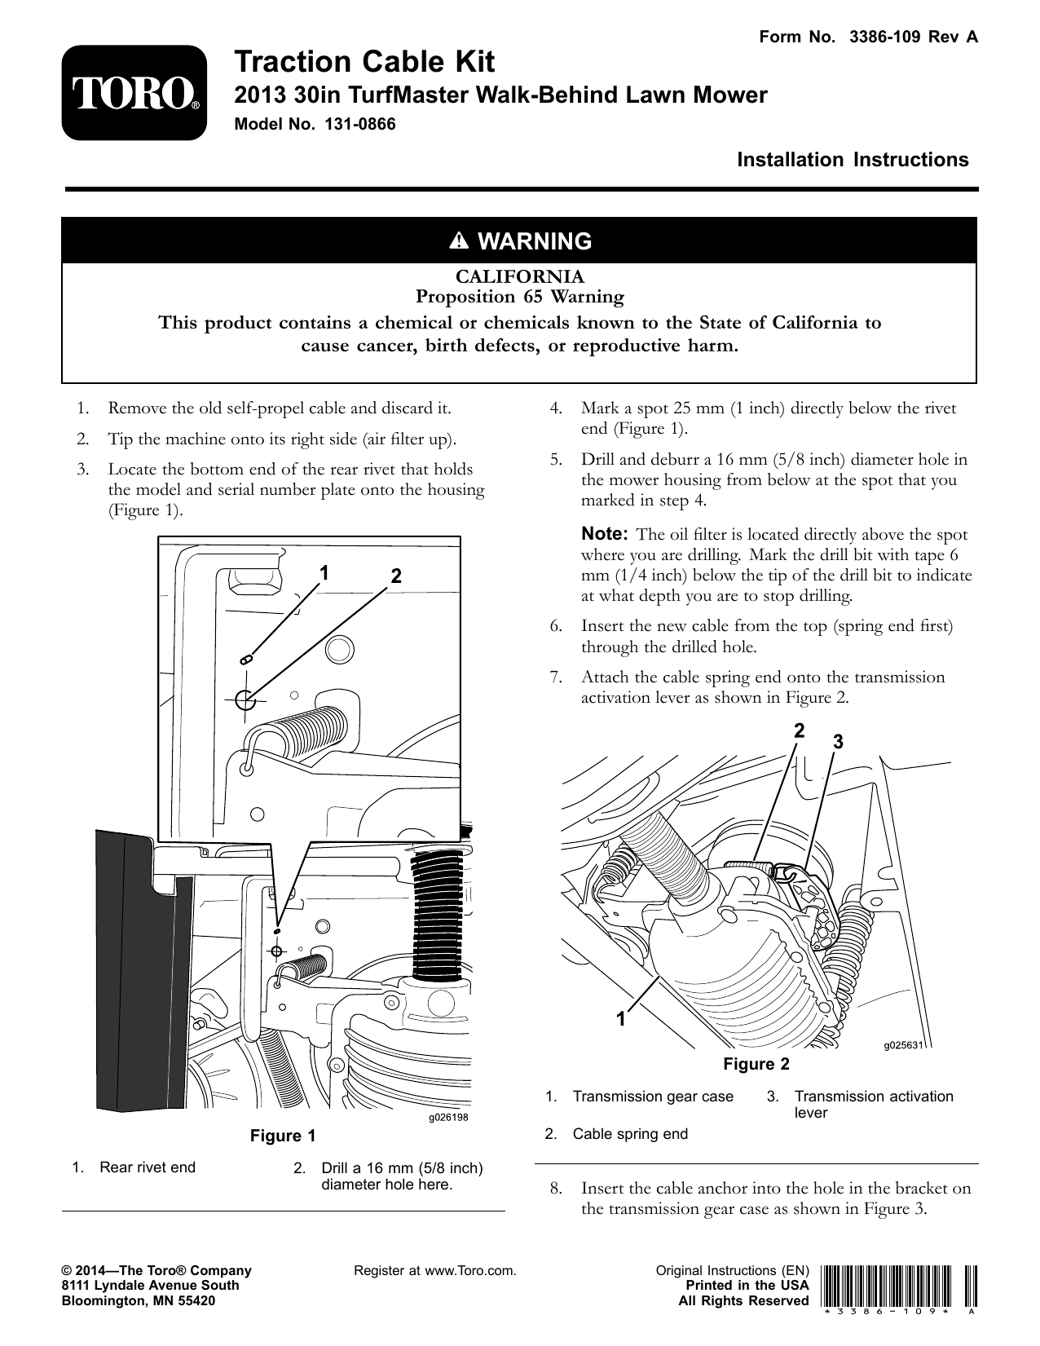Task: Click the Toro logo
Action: pyautogui.click(x=134, y=92)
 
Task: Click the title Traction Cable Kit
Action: pyautogui.click(x=364, y=62)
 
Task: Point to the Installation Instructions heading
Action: pyautogui.click(x=853, y=160)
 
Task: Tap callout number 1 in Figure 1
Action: pyautogui.click(x=324, y=572)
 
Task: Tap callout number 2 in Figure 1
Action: pyautogui.click(x=395, y=576)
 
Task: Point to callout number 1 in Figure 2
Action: pyautogui.click(x=621, y=1018)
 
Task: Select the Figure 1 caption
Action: pyautogui.click(x=282, y=1136)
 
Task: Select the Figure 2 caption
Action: pyautogui.click(x=756, y=1064)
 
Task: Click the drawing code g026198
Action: pyautogui.click(x=448, y=1117)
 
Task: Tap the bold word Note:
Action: pyautogui.click(x=604, y=535)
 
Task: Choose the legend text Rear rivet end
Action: pyautogui.click(x=148, y=1167)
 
